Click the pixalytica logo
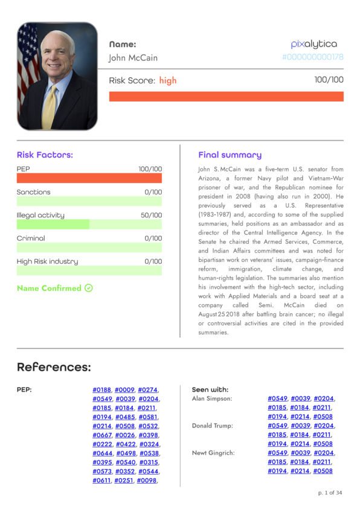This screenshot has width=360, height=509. click(x=313, y=43)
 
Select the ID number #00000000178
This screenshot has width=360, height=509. click(x=312, y=57)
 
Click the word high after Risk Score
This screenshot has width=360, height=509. click(x=168, y=80)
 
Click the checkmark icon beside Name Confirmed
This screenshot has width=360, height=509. click(x=89, y=288)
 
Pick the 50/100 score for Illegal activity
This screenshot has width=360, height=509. click(x=151, y=216)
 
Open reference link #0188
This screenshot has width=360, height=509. click(x=101, y=390)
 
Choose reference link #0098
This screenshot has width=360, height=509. click(x=146, y=481)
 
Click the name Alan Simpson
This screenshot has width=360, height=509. click(x=211, y=399)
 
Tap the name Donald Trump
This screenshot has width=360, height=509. click(x=212, y=426)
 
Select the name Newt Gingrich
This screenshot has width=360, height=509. click(x=213, y=453)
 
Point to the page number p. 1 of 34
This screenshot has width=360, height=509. click(x=330, y=493)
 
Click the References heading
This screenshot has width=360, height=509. click(x=54, y=367)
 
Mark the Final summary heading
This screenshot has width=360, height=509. click(x=230, y=155)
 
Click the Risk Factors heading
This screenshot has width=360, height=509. click(x=45, y=155)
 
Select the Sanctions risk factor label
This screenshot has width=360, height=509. click(x=34, y=192)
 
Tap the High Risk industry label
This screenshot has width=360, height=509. click(x=47, y=261)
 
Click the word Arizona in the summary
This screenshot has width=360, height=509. click(x=211, y=178)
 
